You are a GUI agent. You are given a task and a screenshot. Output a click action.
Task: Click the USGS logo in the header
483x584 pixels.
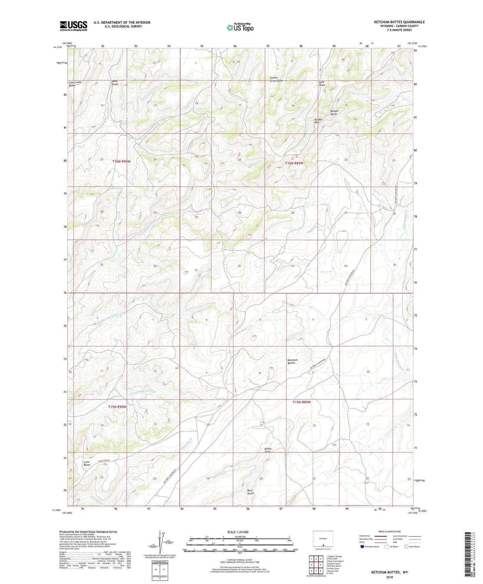74,26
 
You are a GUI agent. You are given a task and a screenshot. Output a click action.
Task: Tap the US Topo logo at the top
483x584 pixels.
240,27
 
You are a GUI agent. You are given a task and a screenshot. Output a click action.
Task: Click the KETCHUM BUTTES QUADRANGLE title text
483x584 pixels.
399,22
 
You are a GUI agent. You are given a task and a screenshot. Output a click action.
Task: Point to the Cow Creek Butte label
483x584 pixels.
75,84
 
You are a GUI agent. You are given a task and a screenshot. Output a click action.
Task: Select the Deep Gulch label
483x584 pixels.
115,83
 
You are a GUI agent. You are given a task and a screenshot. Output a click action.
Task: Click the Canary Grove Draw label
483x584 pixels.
276,79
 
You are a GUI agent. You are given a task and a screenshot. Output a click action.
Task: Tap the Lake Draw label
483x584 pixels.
322,84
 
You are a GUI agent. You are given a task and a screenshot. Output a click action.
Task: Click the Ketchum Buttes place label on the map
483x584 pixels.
292,362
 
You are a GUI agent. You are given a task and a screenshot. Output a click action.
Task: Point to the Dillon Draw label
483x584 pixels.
267,450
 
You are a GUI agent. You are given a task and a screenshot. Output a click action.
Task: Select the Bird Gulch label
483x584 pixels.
250,492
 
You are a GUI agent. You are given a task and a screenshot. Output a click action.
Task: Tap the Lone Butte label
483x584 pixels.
87,463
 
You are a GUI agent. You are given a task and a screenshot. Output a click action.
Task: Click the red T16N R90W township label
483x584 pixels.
122,161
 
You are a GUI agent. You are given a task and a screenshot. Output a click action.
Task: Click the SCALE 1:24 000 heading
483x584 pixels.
238,532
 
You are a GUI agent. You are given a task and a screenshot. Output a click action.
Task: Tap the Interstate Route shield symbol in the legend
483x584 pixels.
362,547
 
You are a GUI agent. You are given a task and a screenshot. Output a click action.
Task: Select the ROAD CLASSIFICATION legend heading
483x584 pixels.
389,531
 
